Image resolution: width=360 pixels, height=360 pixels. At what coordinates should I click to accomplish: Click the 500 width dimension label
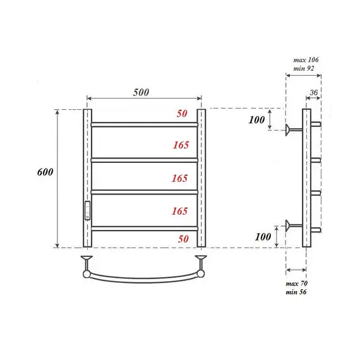[141, 92]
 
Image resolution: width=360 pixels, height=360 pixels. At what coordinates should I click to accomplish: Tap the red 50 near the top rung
[182, 114]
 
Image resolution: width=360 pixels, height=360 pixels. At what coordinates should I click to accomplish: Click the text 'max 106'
[307, 60]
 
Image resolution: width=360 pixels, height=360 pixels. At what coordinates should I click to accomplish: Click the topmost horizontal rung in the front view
[144, 124]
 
